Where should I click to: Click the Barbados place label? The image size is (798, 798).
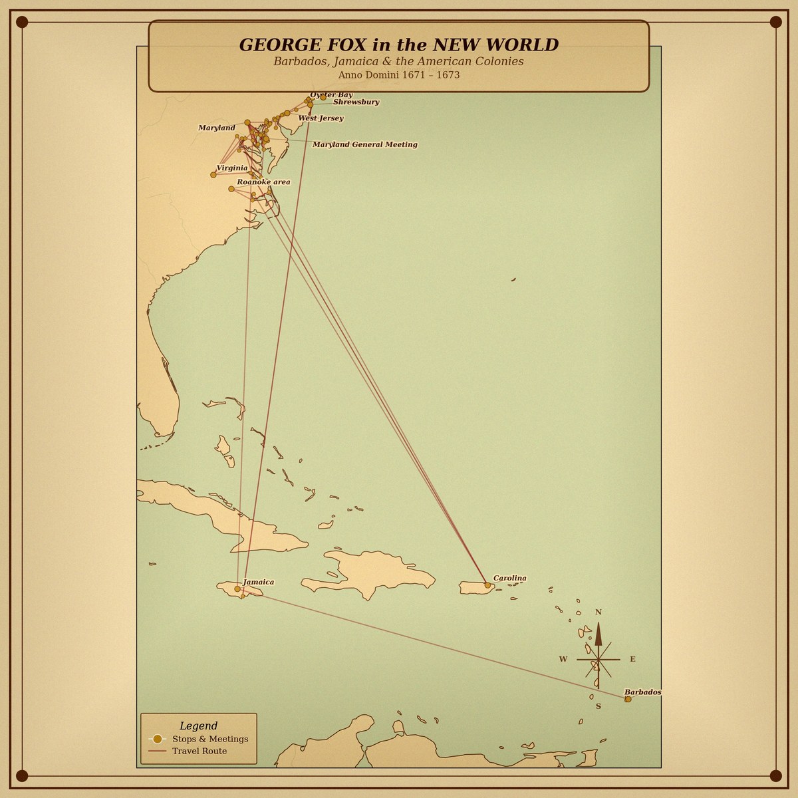[642, 692]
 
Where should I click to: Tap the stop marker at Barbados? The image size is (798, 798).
[628, 699]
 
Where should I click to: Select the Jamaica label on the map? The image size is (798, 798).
[258, 582]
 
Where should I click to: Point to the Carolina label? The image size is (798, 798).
[509, 578]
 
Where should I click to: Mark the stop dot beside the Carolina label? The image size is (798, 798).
[487, 585]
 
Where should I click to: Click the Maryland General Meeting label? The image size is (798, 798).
[364, 144]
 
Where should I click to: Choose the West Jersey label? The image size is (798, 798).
[321, 118]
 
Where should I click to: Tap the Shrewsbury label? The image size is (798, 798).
[356, 102]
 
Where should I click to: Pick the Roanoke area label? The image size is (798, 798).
[263, 182]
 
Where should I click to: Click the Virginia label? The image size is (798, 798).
[232, 168]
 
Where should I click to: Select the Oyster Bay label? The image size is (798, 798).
[331, 95]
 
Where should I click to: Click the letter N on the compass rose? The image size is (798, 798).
[598, 612]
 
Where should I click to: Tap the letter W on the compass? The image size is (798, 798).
[563, 659]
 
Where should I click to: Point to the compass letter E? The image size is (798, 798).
[632, 659]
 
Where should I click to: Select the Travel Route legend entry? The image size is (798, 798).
[199, 751]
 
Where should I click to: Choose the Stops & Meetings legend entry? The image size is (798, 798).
[209, 739]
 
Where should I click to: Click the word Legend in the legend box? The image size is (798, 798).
[198, 726]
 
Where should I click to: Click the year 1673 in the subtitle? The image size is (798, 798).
[448, 75]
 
